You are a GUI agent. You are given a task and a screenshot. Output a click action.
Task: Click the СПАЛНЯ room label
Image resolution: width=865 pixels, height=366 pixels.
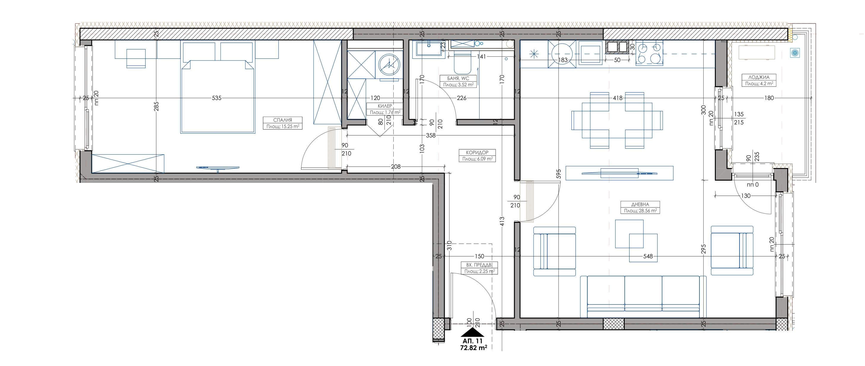pos(283,120)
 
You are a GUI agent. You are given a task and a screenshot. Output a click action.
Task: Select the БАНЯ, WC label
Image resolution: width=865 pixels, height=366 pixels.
pos(458,79)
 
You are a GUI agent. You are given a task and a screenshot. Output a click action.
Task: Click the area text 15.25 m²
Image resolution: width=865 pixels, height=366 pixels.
pos(287,127)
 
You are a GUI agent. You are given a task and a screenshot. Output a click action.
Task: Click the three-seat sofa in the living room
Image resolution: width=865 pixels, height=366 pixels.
pos(643,297)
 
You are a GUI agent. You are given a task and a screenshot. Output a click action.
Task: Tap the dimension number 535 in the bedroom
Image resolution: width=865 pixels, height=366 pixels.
pos(217,98)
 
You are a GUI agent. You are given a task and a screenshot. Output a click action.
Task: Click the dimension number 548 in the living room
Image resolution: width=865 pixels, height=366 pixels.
pos(648,256)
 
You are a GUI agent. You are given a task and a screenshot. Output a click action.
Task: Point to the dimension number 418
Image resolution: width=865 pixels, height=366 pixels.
pos(618,98)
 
